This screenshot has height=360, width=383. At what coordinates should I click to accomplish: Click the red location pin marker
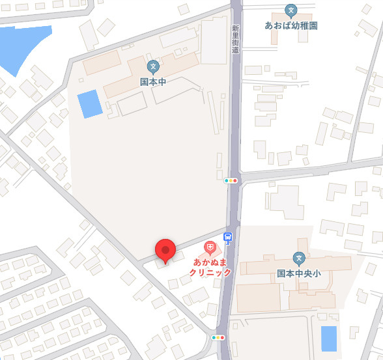pos(165,251)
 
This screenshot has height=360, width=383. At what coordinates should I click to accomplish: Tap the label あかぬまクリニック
pos(210,267)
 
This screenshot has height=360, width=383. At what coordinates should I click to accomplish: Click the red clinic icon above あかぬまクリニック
pos(210,247)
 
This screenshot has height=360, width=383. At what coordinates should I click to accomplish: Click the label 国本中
pos(153,83)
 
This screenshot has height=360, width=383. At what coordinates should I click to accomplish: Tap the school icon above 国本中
pos(153,66)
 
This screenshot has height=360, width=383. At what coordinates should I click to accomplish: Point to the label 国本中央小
pos(299,274)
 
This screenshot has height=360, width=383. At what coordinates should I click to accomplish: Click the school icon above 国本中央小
pos(299,258)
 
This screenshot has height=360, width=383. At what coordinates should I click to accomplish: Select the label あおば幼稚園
pos(291,25)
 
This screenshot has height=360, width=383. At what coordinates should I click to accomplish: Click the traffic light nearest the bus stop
pos(231,180)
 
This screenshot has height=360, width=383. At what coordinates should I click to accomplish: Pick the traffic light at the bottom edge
pos(218,337)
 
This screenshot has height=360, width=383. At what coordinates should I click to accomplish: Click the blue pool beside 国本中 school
pos(89,105)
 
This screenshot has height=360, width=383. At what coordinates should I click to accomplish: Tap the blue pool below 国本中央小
pos(329,339)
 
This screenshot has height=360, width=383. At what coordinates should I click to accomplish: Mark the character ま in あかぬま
pos(223,262)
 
